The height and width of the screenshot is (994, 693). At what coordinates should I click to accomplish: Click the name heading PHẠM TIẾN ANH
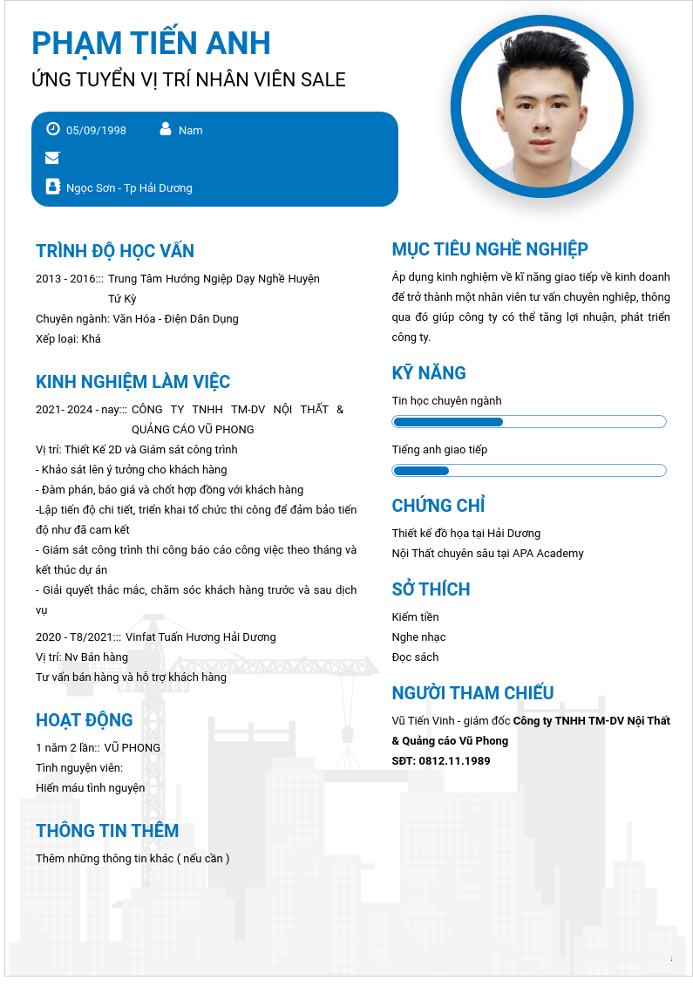point(151,43)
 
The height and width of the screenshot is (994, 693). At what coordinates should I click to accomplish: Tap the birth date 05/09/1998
point(96,131)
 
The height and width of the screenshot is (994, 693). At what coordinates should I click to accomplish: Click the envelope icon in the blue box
point(52,158)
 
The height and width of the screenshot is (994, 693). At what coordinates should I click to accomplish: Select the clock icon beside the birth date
point(52,129)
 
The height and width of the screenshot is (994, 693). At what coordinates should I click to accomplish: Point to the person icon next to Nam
point(166,129)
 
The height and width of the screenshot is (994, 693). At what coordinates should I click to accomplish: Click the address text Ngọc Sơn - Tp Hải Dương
point(129,188)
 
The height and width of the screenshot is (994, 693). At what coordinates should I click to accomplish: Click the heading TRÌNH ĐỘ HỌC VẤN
point(115,251)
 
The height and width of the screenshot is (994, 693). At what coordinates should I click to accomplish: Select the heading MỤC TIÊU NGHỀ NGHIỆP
point(490,249)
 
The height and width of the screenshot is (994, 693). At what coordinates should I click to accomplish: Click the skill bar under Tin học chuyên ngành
point(529,422)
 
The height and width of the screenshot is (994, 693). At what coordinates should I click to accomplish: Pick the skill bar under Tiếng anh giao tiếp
point(529,471)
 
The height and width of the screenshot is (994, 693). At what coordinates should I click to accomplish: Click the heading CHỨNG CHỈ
point(438,506)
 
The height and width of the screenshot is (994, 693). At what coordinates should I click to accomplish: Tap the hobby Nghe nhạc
point(419,637)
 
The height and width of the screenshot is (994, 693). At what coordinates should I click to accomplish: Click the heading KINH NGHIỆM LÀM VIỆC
point(133,382)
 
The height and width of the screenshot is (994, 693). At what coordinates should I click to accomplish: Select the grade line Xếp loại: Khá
point(69,339)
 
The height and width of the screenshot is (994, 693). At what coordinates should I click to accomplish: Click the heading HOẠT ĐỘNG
point(85,720)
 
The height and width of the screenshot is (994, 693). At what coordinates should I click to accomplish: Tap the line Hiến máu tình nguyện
point(91,788)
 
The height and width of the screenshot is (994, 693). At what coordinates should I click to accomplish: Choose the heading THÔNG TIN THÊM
point(107,831)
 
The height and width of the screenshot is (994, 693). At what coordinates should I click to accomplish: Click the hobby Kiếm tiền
point(416,617)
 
